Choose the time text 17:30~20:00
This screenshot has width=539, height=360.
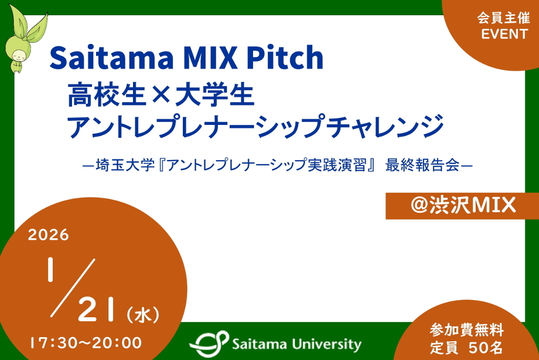pos(85,341)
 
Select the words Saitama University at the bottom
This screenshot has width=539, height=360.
pos(296,344)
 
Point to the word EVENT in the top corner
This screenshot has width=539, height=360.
pos(504,34)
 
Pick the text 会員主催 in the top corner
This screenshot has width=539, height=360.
pos(504,18)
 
